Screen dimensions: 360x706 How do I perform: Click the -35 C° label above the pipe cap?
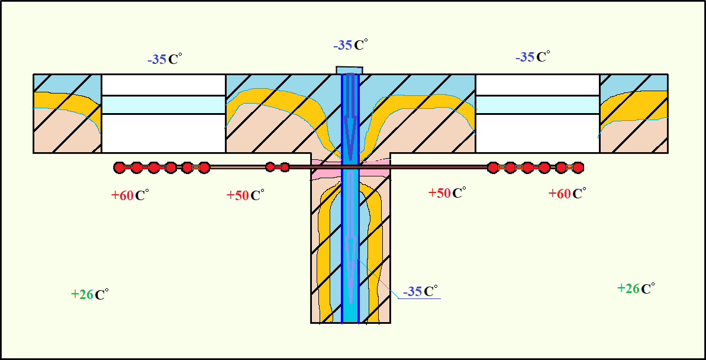(x=350, y=45)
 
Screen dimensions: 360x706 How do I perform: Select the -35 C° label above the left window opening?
(x=165, y=59)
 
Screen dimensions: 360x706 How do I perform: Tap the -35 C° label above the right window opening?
(x=533, y=57)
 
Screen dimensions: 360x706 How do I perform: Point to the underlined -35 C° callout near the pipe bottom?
(x=420, y=291)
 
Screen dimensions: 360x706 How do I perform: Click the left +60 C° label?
(x=129, y=195)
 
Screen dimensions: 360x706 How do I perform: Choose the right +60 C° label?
(x=567, y=194)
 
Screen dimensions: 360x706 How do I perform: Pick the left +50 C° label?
(x=245, y=195)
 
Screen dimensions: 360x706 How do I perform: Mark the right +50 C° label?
(x=447, y=193)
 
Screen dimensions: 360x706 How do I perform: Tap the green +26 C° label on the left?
(x=89, y=294)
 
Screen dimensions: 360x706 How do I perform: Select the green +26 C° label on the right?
(x=636, y=288)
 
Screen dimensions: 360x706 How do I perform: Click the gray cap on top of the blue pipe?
(x=349, y=70)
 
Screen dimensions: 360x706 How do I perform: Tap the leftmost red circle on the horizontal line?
(x=120, y=168)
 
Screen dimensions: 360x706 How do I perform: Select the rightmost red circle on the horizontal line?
(x=578, y=168)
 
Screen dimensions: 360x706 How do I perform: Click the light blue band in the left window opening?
(x=163, y=104)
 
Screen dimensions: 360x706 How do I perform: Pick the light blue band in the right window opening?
(x=537, y=104)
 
